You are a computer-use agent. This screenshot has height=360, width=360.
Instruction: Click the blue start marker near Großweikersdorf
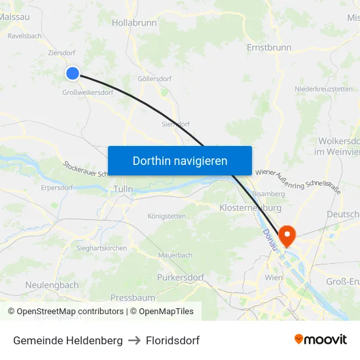click(x=73, y=74)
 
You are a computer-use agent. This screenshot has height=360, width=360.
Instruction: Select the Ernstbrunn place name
click(x=269, y=48)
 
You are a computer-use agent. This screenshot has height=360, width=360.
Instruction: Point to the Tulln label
click(x=123, y=189)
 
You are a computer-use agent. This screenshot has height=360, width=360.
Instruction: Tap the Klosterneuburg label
click(x=251, y=207)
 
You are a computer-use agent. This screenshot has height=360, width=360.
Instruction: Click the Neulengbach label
click(x=52, y=285)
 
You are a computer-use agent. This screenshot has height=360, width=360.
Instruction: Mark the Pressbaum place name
click(x=132, y=297)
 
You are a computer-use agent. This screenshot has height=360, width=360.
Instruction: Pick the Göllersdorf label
click(x=154, y=79)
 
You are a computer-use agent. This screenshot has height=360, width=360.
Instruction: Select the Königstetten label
click(x=166, y=216)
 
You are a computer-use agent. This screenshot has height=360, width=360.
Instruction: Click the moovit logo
click(x=320, y=340)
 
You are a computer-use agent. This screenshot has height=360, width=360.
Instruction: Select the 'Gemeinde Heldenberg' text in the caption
click(x=67, y=340)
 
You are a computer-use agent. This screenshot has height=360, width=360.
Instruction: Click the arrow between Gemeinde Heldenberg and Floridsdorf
click(x=134, y=340)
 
